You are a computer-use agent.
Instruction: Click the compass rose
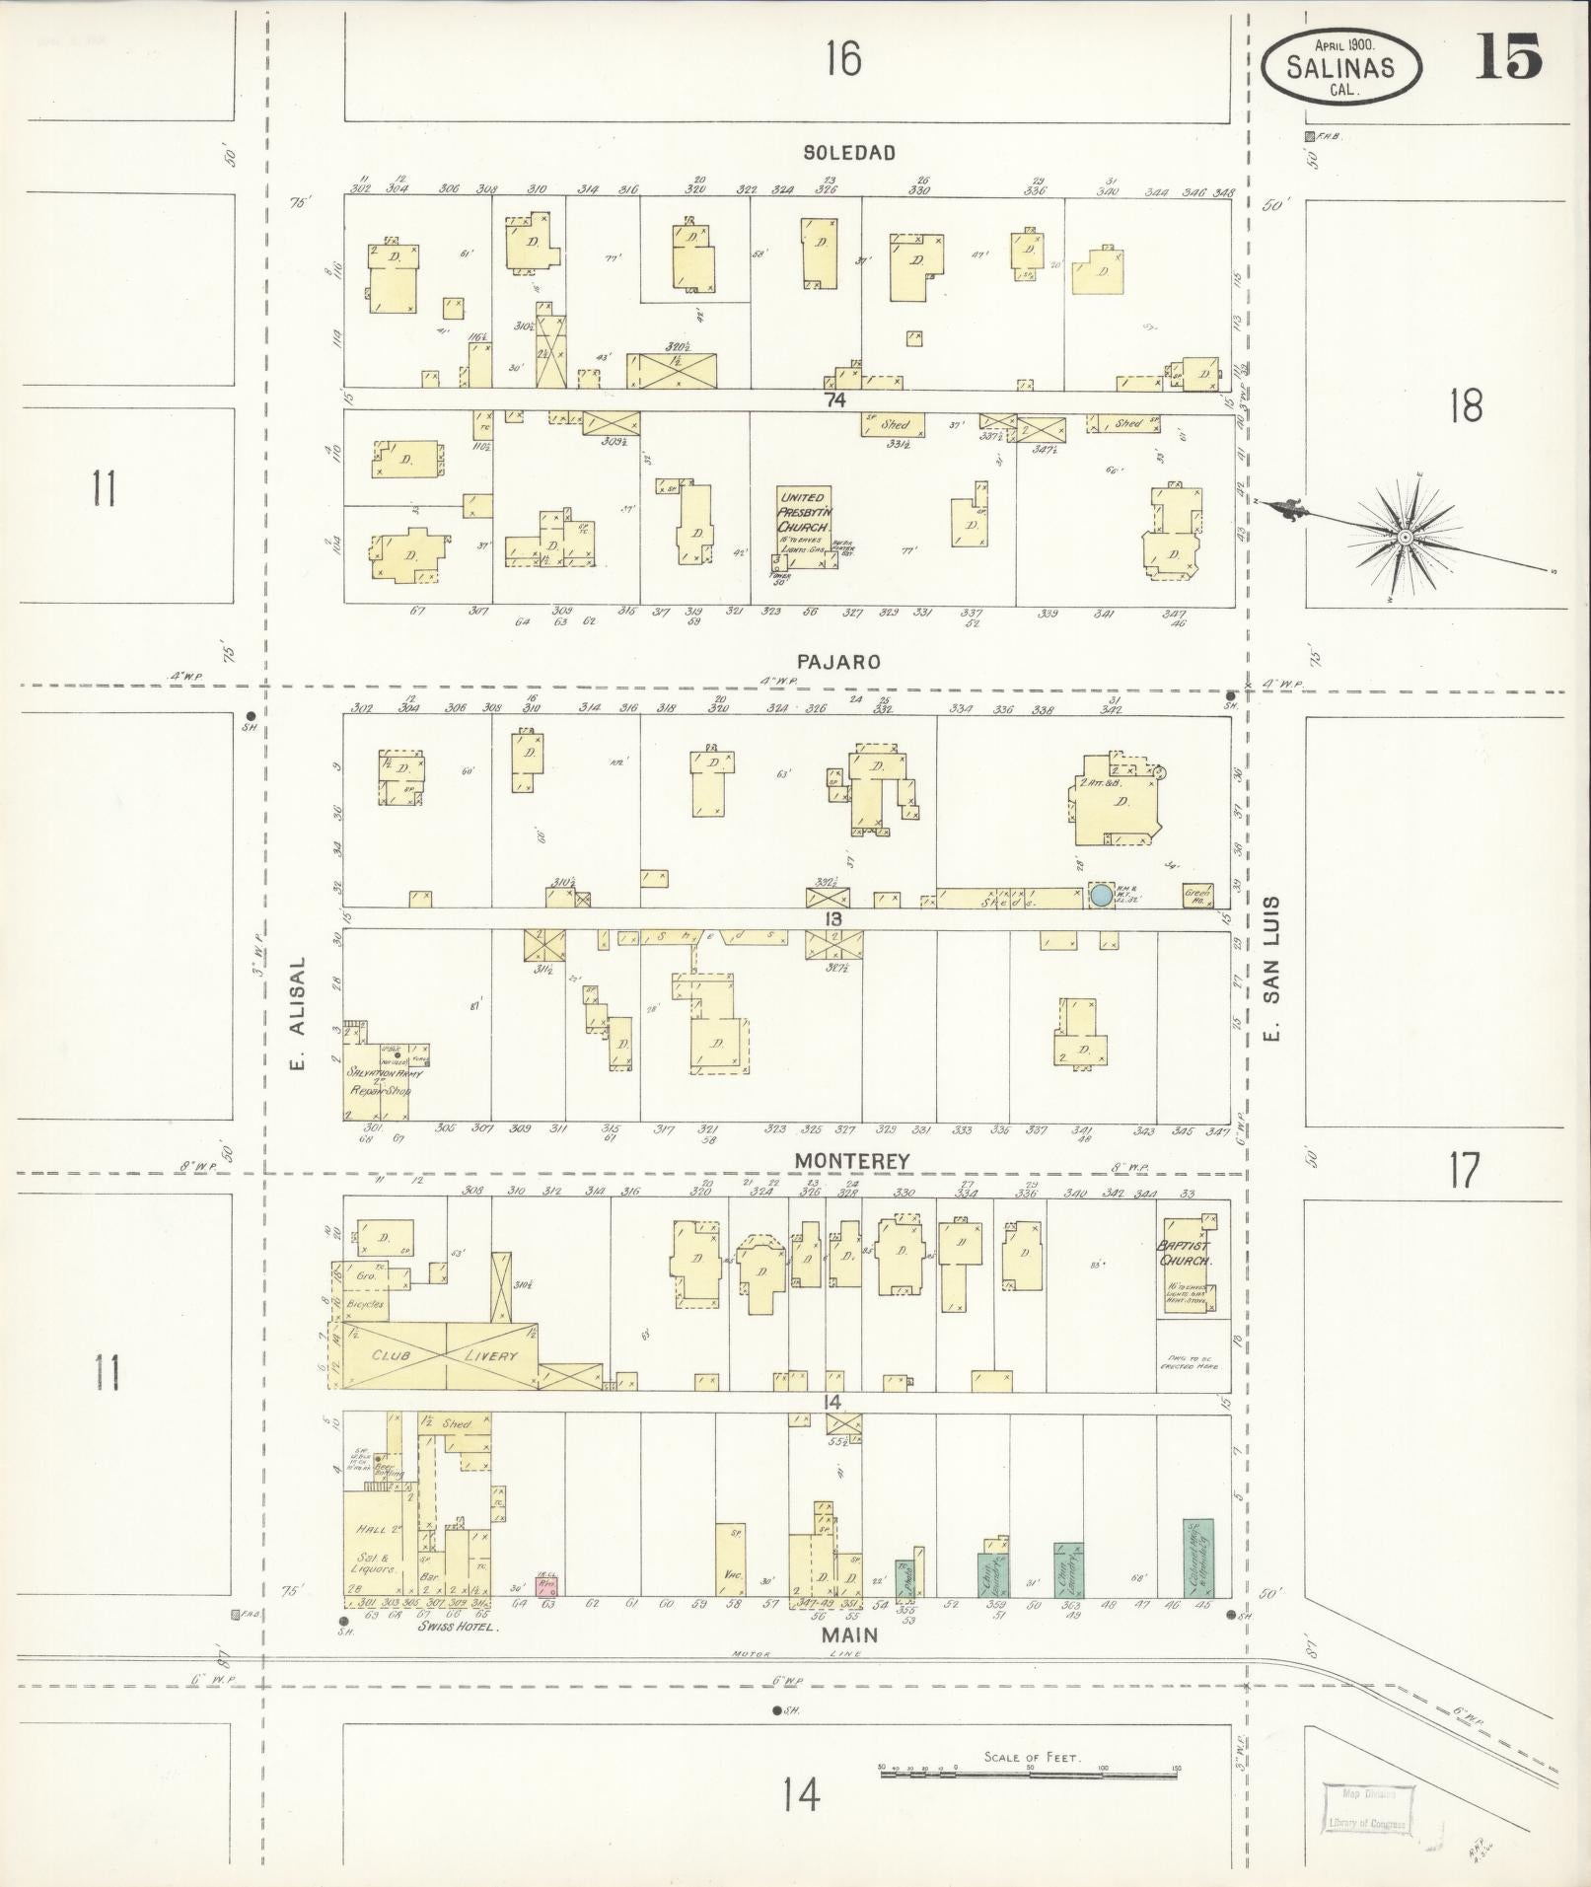point(1403,537)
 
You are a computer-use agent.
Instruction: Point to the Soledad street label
point(848,153)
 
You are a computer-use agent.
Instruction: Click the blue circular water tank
point(1100,896)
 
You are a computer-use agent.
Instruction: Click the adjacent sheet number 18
point(1465,405)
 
